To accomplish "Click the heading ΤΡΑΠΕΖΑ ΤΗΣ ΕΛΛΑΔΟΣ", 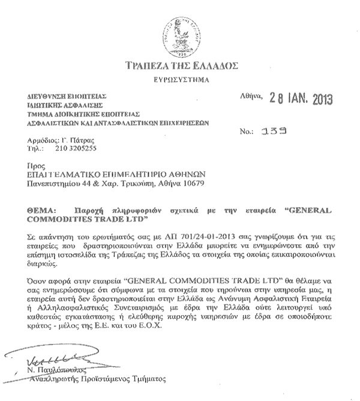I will (179, 65).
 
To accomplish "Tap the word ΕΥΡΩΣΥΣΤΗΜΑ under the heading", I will (179, 79).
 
